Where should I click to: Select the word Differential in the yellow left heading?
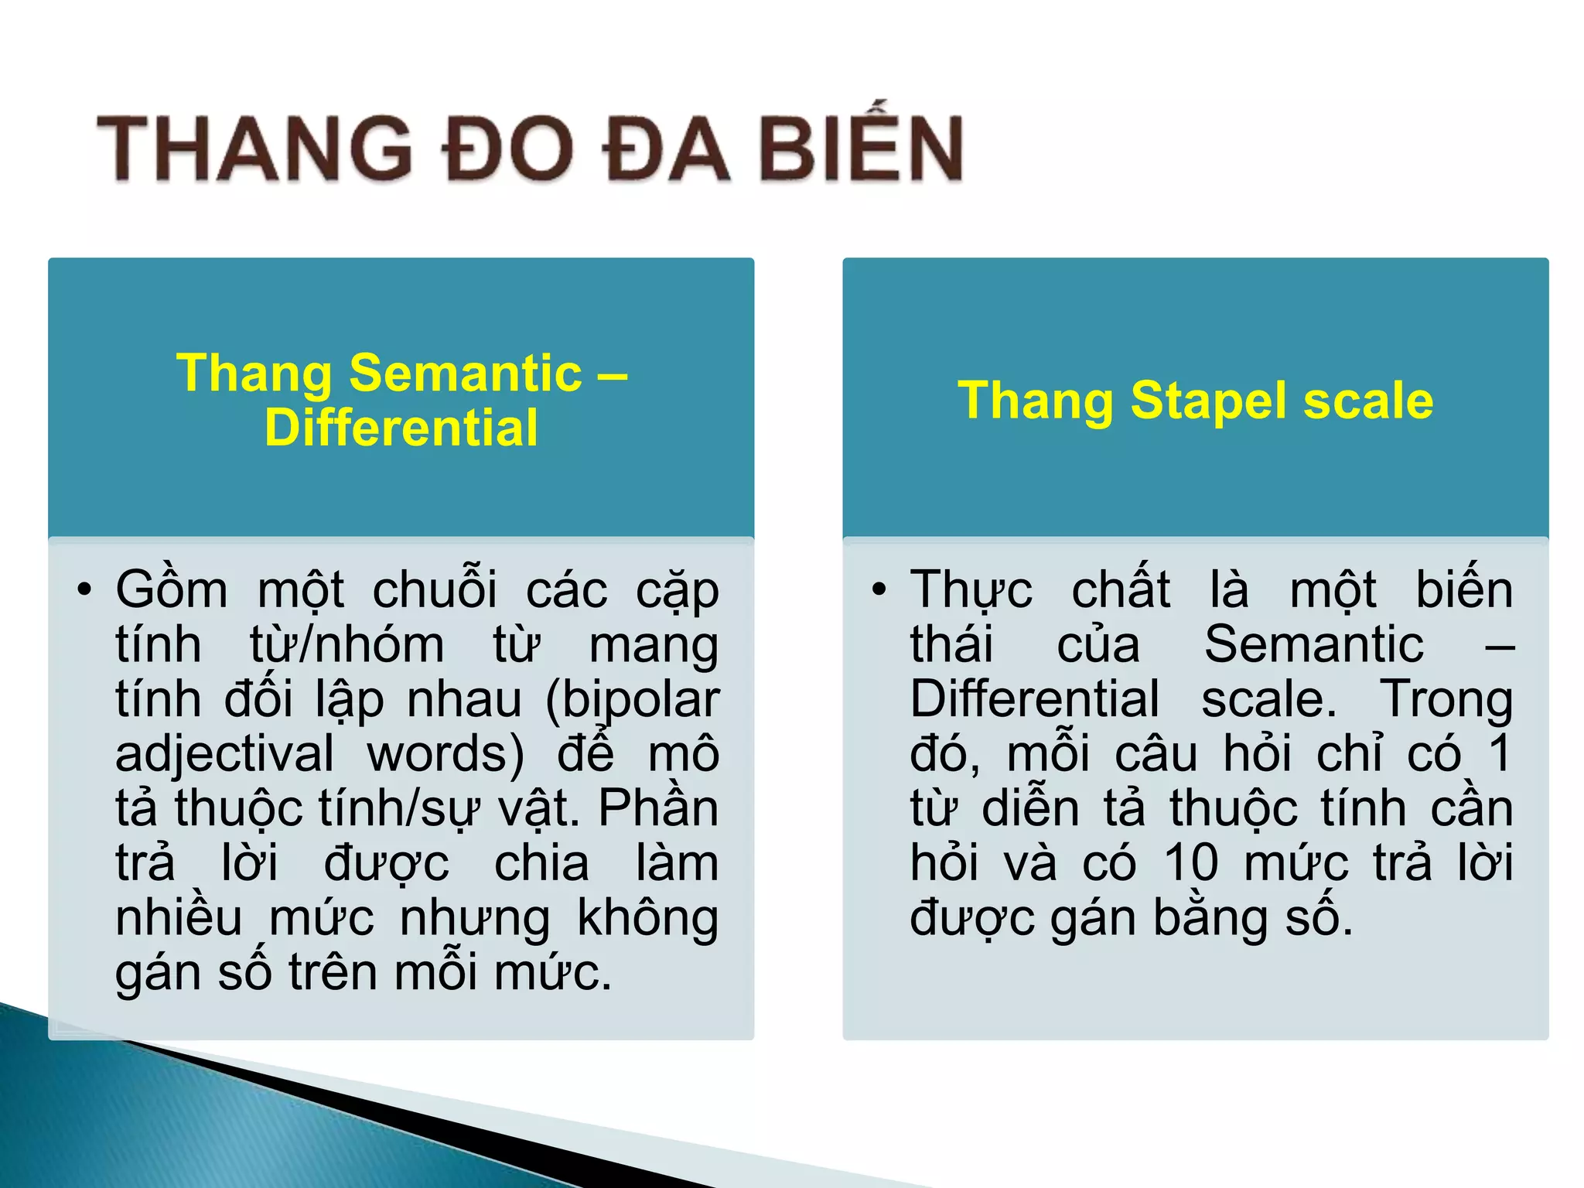(x=401, y=428)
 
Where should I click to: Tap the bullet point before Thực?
(x=879, y=590)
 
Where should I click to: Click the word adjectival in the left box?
(x=224, y=754)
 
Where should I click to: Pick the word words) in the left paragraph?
(x=445, y=754)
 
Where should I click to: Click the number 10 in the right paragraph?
(x=1191, y=862)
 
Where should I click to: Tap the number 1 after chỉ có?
(x=1499, y=753)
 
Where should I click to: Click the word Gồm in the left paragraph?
(x=172, y=590)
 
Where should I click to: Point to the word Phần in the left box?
(x=658, y=808)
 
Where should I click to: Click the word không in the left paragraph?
(x=648, y=919)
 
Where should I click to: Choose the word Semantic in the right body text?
(x=1313, y=644)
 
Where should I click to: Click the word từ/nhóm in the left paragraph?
(x=346, y=644)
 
